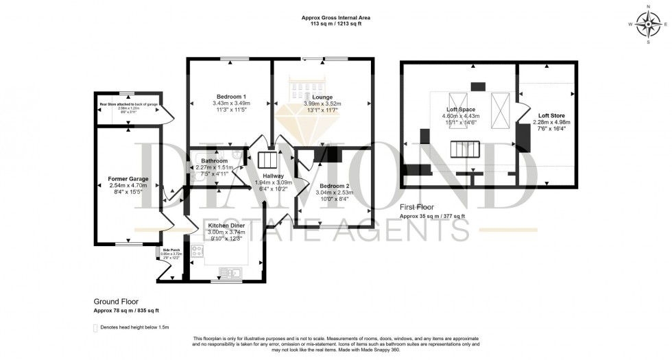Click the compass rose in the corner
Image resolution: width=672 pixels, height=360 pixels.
click(x=647, y=26)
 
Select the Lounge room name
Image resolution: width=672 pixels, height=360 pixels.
click(x=322, y=97)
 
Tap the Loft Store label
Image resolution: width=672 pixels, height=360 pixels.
click(x=551, y=116)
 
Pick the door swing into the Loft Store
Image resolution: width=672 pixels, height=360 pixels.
click(x=524, y=114)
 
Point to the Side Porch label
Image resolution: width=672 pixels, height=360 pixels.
click(x=171, y=250)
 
